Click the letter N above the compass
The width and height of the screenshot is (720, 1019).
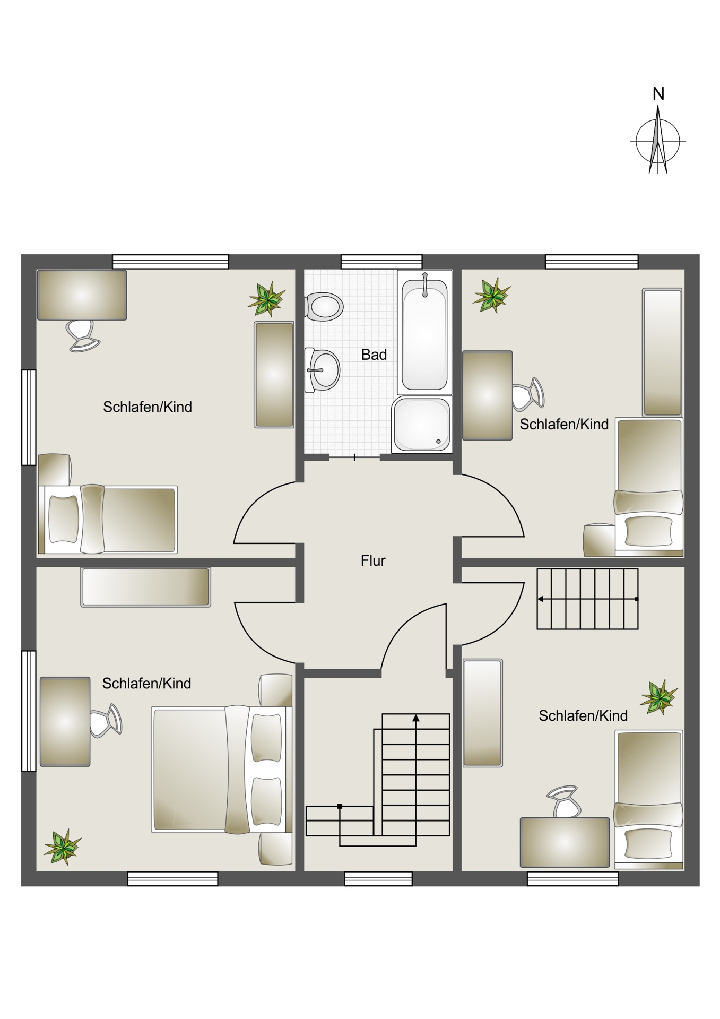(x=658, y=94)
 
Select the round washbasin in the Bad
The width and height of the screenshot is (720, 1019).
(x=323, y=370)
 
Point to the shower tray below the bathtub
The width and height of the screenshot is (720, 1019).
(x=422, y=425)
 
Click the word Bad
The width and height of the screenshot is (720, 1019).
(x=374, y=355)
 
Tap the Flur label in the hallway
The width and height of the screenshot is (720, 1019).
(x=373, y=560)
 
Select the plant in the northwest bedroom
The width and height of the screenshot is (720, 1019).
(x=267, y=299)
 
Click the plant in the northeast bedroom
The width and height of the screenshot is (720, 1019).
(x=492, y=295)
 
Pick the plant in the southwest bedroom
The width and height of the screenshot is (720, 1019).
(x=63, y=847)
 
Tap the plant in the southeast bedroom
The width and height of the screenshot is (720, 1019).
(x=659, y=697)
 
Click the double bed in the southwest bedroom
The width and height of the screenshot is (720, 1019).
(x=222, y=770)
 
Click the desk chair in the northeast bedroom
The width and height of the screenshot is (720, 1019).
(x=528, y=394)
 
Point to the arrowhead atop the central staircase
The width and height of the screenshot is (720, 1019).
(x=416, y=718)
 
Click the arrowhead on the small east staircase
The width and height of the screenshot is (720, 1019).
(x=540, y=599)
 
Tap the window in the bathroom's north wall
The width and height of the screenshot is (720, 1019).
(x=381, y=262)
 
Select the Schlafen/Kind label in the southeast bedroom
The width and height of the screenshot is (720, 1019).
(x=583, y=715)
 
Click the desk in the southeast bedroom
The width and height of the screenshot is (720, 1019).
(x=565, y=842)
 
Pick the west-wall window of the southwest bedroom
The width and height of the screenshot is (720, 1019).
(x=29, y=711)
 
